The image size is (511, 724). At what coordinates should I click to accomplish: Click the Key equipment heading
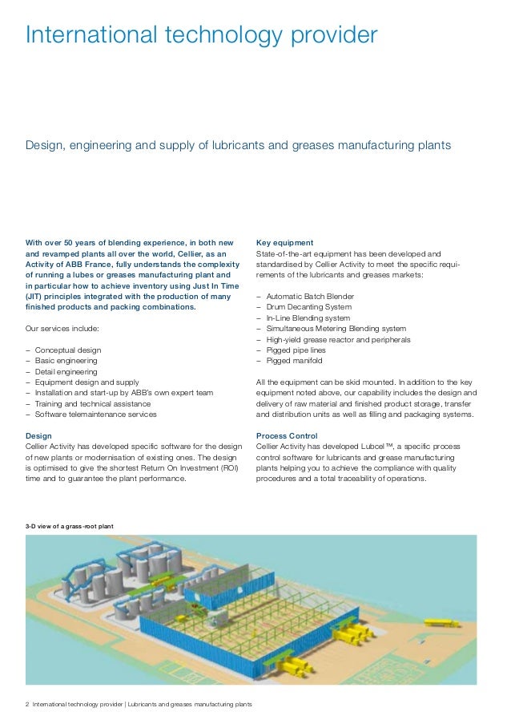(284, 242)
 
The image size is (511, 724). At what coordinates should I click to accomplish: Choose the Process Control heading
(287, 435)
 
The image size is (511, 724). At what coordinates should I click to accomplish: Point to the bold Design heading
(39, 435)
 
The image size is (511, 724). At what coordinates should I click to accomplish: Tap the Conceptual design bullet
(68, 350)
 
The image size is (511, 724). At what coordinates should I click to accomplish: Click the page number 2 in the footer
(27, 705)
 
